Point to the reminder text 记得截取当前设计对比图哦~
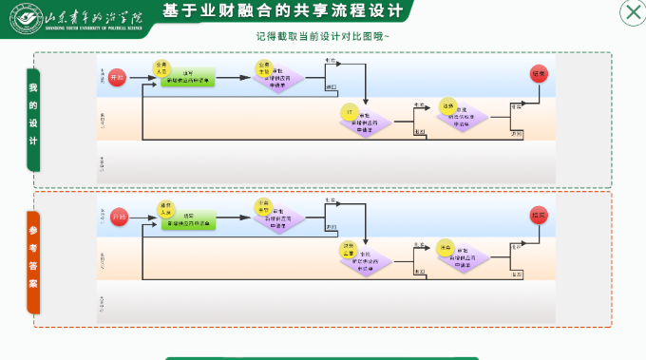(x=322, y=36)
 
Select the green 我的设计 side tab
(x=33, y=120)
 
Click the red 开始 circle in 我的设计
(x=117, y=78)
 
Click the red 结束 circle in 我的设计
(x=540, y=75)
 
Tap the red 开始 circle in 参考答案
(x=119, y=218)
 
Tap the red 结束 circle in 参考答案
(x=540, y=215)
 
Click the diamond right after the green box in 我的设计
(x=278, y=78)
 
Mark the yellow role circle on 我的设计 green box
(x=161, y=67)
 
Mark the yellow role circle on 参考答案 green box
(x=165, y=208)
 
